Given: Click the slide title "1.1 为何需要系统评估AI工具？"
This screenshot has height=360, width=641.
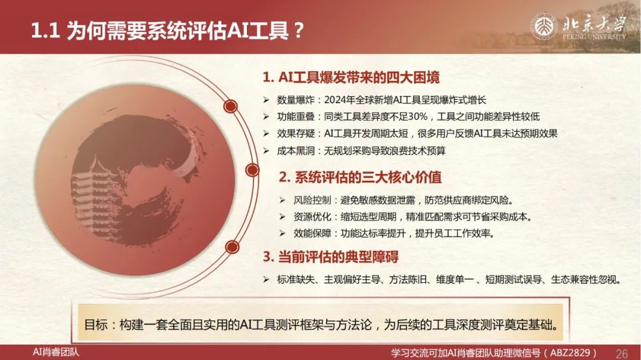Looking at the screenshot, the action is coord(167,30).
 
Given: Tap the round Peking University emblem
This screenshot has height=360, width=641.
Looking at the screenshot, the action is coord(544,27).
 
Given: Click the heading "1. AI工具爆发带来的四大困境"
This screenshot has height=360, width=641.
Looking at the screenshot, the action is coord(351,77).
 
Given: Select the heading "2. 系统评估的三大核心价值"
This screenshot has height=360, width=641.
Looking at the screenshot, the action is coord(360,177).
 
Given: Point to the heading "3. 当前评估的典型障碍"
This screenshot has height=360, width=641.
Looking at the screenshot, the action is coord(331,257).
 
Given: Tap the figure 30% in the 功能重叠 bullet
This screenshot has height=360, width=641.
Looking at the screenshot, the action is coord(417,116).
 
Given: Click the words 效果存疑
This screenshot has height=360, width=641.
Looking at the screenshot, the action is coord(296,133).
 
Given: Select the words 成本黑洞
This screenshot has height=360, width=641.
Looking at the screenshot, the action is coord(296,151).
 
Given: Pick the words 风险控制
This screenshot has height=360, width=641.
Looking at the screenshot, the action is coord(312,200).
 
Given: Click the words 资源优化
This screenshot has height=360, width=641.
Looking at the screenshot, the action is coord(312,217).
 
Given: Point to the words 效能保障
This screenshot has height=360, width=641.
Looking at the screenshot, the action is coord(312,234).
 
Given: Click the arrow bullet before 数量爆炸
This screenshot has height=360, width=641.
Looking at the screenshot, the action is coord(266,100).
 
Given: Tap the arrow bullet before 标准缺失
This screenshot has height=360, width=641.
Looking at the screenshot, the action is coord(266,279).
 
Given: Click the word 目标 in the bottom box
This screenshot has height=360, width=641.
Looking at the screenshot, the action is coord(96,325).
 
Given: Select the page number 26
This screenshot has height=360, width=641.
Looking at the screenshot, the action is coord(621,353).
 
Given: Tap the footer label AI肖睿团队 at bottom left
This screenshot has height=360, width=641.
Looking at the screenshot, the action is coord(56,352).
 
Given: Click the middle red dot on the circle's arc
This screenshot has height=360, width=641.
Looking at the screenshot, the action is coord(252,170).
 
